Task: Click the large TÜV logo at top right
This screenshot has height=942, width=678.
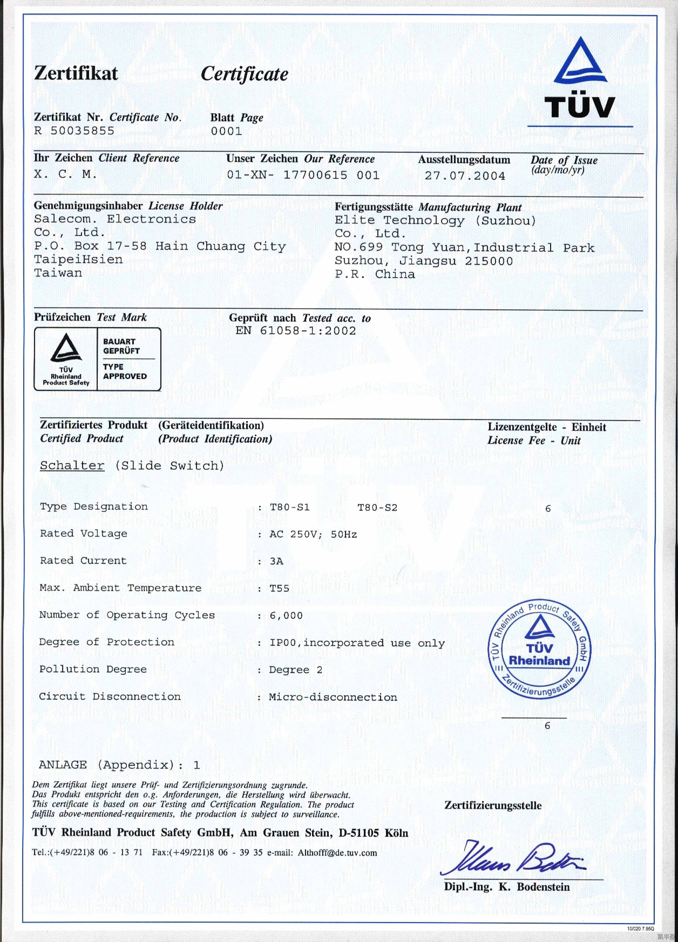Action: click(580, 79)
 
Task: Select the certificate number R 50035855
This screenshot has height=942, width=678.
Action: click(74, 131)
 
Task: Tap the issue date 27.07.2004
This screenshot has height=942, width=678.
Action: click(465, 176)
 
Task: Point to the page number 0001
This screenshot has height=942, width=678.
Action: click(226, 131)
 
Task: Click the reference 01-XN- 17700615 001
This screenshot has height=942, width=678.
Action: click(303, 175)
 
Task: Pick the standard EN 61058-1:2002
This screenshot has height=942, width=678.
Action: click(295, 331)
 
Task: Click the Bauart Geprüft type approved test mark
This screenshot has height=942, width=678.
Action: click(97, 359)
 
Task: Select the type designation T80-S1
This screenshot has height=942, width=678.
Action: click(290, 507)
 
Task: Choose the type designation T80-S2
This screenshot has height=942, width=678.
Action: click(377, 507)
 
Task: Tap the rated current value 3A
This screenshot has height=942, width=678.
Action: click(276, 561)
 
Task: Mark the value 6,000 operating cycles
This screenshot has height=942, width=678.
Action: click(286, 616)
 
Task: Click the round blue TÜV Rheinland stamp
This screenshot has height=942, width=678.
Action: click(539, 649)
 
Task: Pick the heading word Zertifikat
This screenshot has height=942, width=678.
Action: click(76, 73)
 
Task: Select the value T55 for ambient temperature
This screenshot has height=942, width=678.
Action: click(279, 588)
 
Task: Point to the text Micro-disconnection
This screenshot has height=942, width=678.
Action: click(333, 697)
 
